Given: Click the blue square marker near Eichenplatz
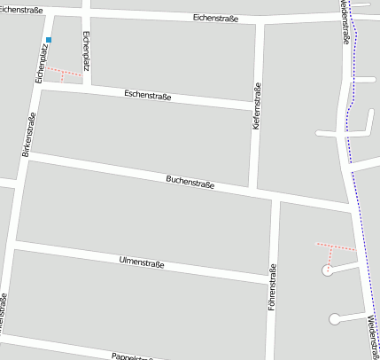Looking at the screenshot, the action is coord(49,40).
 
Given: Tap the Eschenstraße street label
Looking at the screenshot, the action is coord(148,94).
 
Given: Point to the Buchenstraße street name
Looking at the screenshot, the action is coord(190,184).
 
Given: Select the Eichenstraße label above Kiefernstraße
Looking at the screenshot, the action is coord(215,18).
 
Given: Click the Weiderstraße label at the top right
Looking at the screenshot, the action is coord(344,22).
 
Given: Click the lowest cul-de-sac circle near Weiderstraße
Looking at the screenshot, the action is coord(334,318).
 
